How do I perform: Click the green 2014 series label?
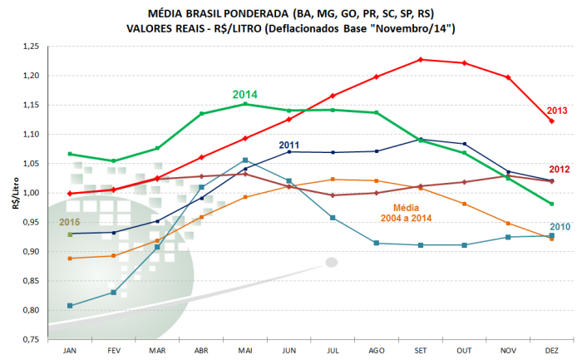click(x=245, y=95)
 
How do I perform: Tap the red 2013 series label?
click(x=557, y=111)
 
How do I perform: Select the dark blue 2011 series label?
click(x=289, y=145)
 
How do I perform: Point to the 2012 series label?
click(x=560, y=170)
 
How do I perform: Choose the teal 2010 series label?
click(x=560, y=227)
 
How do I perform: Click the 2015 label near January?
click(x=69, y=222)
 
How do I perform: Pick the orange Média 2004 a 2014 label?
click(x=406, y=213)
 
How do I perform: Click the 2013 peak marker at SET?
click(x=421, y=59)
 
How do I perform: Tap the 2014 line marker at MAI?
click(x=245, y=104)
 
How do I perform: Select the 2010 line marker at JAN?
click(x=70, y=305)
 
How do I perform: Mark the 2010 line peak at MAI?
click(x=245, y=160)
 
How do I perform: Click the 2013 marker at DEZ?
click(x=552, y=121)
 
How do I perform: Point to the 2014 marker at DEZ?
click(x=552, y=204)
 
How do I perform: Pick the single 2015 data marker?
click(x=70, y=234)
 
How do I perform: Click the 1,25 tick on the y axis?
click(x=31, y=47)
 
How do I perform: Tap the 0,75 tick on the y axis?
click(x=31, y=339)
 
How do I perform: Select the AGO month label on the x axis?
click(x=377, y=351)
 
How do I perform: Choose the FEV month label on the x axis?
click(x=114, y=351)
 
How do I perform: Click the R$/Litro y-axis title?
click(x=16, y=193)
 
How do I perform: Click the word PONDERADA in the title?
click(x=256, y=14)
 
